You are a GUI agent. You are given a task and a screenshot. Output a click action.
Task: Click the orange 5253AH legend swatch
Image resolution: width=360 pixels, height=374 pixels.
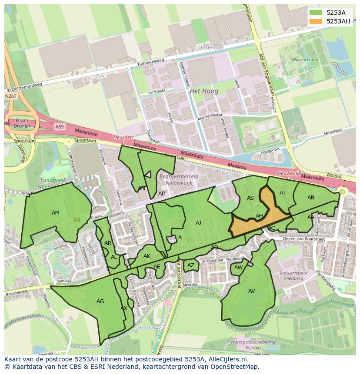point(317,21)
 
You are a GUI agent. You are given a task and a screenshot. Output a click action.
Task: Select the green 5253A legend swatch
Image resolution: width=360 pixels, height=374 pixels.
point(317,12)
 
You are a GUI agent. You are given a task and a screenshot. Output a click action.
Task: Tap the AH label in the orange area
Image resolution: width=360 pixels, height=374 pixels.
point(259,216)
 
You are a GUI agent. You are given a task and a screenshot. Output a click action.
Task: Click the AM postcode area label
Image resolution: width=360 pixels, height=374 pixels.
point(56,213)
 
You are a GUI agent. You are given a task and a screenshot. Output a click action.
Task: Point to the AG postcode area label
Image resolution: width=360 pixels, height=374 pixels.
point(100,301)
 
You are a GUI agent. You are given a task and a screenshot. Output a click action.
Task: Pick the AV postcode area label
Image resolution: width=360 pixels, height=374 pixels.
point(252,291)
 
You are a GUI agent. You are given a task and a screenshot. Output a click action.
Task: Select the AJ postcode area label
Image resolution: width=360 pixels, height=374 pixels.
point(199,223)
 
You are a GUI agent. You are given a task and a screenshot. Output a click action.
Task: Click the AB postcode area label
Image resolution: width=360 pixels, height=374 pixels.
point(311,198)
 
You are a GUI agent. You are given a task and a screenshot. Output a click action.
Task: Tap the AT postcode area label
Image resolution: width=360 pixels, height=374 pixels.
point(283,193)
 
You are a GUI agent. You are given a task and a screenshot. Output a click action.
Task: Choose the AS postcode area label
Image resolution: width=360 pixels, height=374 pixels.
point(250,198)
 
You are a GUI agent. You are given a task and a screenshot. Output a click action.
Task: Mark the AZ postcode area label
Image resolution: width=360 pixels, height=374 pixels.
point(191,265)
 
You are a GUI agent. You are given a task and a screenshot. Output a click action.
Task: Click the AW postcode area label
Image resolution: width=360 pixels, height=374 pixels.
point(238,268)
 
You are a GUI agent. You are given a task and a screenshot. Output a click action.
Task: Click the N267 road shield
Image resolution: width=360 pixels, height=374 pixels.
point(11,96)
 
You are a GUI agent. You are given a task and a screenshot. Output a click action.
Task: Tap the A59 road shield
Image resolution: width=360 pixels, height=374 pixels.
point(59,126)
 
